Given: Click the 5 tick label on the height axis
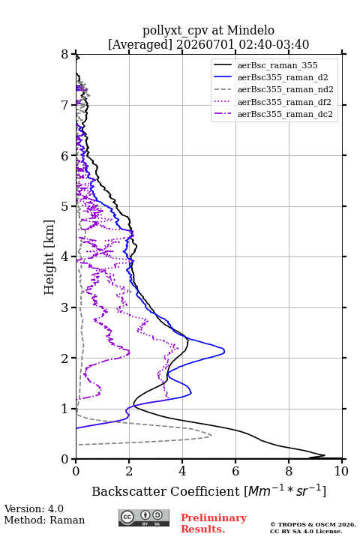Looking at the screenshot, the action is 65,207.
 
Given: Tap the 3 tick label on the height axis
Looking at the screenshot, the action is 65,307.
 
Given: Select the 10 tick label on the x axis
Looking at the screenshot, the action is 341,471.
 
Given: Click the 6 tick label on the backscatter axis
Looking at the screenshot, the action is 235,471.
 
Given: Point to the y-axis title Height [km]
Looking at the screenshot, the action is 49,257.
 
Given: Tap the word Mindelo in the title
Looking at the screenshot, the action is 250,30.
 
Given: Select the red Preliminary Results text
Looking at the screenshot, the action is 214,523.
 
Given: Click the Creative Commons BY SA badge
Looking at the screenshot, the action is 144,518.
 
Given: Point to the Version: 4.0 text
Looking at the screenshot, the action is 34,508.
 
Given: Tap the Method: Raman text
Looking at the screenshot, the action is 44,520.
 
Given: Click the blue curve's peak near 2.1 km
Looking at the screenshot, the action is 224,352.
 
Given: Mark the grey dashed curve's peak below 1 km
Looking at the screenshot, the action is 211,436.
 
